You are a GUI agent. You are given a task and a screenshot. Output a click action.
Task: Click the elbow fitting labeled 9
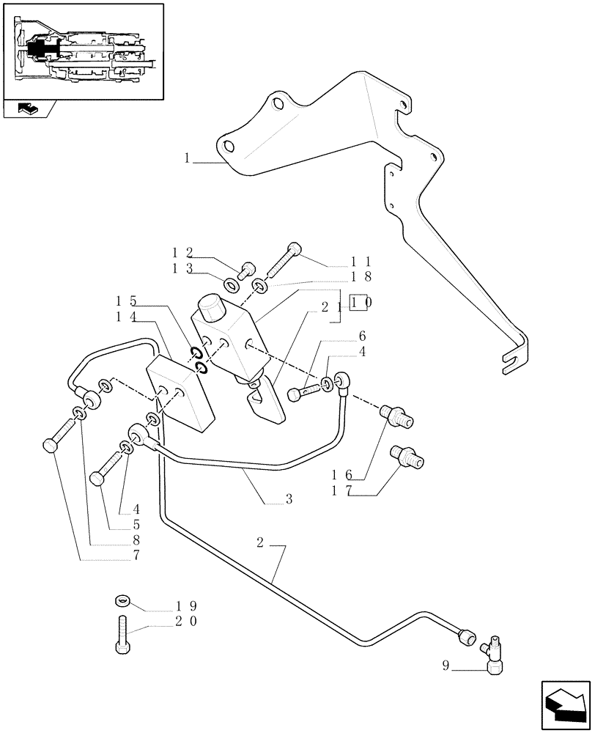pyautogui.click(x=497, y=655)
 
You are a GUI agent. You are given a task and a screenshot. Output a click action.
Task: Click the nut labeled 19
pyautogui.click(x=122, y=602)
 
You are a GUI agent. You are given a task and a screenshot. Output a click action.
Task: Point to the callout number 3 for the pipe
pyautogui.click(x=289, y=499)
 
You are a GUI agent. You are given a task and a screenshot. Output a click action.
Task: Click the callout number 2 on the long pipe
pyautogui.click(x=261, y=543)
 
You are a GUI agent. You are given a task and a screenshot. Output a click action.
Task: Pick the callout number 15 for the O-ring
pyautogui.click(x=125, y=301)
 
